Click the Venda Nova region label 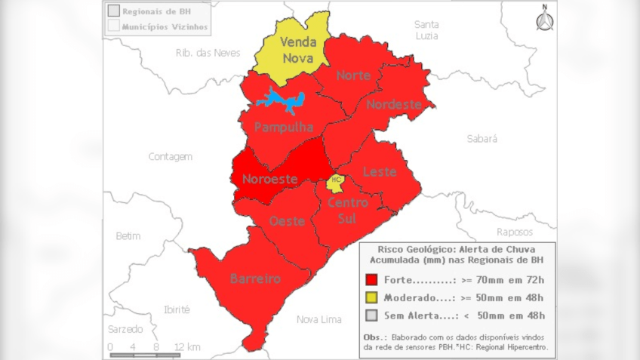(x=298, y=50)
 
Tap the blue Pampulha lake (x=281, y=100)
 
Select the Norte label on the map (x=353, y=75)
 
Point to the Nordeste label (x=393, y=105)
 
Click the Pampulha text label (x=283, y=128)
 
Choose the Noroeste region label (x=269, y=180)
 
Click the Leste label (x=380, y=172)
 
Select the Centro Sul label (x=348, y=211)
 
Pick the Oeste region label (x=287, y=221)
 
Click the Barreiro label (x=255, y=279)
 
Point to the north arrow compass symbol (x=544, y=19)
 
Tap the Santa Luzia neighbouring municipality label (x=426, y=29)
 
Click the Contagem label (x=170, y=157)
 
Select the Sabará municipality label (x=482, y=139)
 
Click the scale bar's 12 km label (x=187, y=346)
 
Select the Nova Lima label (x=318, y=319)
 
